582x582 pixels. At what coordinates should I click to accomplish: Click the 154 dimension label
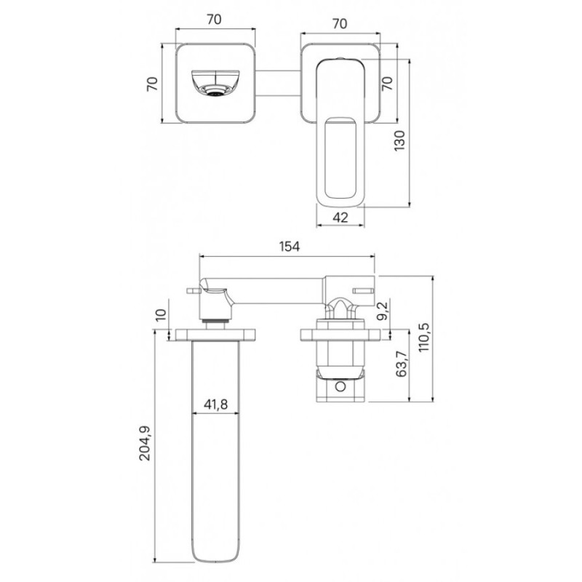289,246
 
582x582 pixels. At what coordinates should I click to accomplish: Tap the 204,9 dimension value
145,443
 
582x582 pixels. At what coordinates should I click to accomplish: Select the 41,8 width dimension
215,404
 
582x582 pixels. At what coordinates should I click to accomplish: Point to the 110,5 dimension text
423,338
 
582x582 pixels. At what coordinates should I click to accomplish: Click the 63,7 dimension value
402,364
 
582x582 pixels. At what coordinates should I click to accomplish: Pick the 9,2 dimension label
382,311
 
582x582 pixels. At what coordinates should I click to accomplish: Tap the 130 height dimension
399,140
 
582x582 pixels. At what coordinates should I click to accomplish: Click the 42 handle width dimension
340,217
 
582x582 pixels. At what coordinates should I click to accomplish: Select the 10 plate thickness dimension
161,315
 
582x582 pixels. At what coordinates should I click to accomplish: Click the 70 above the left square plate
214,20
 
